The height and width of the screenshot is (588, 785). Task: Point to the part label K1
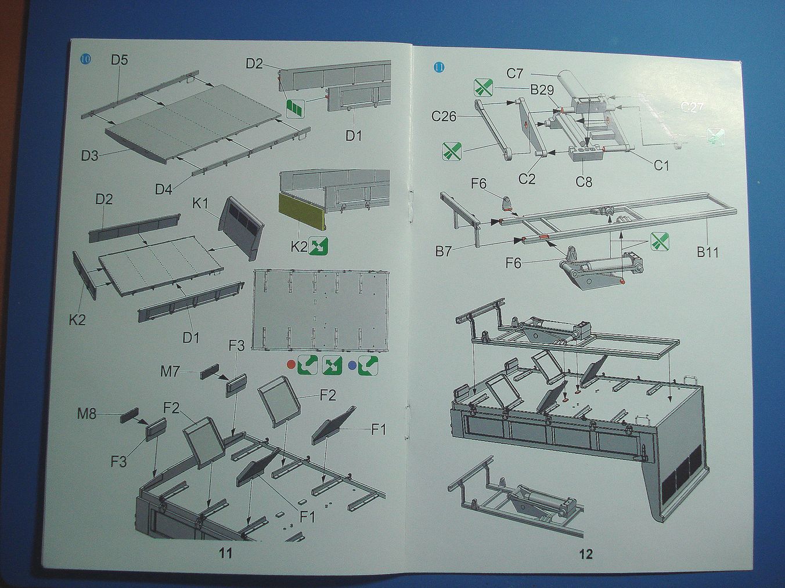coord(200,204)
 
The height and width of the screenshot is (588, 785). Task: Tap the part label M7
coord(170,371)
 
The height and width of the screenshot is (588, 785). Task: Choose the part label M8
coord(87,413)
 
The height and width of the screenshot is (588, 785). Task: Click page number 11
coord(225,553)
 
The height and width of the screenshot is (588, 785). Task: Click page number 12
coord(586,554)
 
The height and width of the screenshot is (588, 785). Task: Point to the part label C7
coord(514,74)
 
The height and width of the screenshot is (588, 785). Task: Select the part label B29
coord(542,90)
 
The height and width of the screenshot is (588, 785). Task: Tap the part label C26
coord(444,117)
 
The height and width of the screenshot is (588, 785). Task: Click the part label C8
coord(584,182)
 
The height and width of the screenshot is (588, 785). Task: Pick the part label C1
coord(661,165)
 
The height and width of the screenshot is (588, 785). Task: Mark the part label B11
coord(708,252)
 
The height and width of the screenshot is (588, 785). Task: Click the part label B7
coord(444,252)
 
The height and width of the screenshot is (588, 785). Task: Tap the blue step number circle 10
coord(85,58)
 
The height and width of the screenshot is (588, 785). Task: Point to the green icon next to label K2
coord(319,246)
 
